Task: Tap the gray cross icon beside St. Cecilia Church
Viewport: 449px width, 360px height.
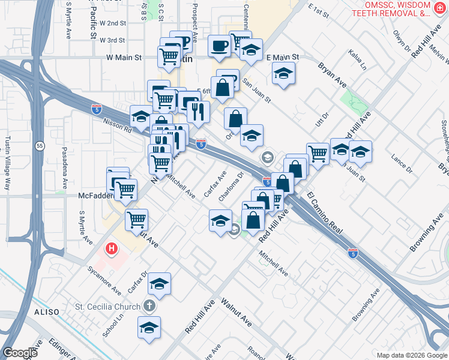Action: [150, 307]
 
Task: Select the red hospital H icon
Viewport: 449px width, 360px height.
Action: [112, 248]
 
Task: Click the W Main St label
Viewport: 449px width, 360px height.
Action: [124, 58]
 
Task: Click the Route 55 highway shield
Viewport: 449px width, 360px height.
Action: [39, 146]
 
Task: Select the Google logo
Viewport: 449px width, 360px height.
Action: [19, 353]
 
